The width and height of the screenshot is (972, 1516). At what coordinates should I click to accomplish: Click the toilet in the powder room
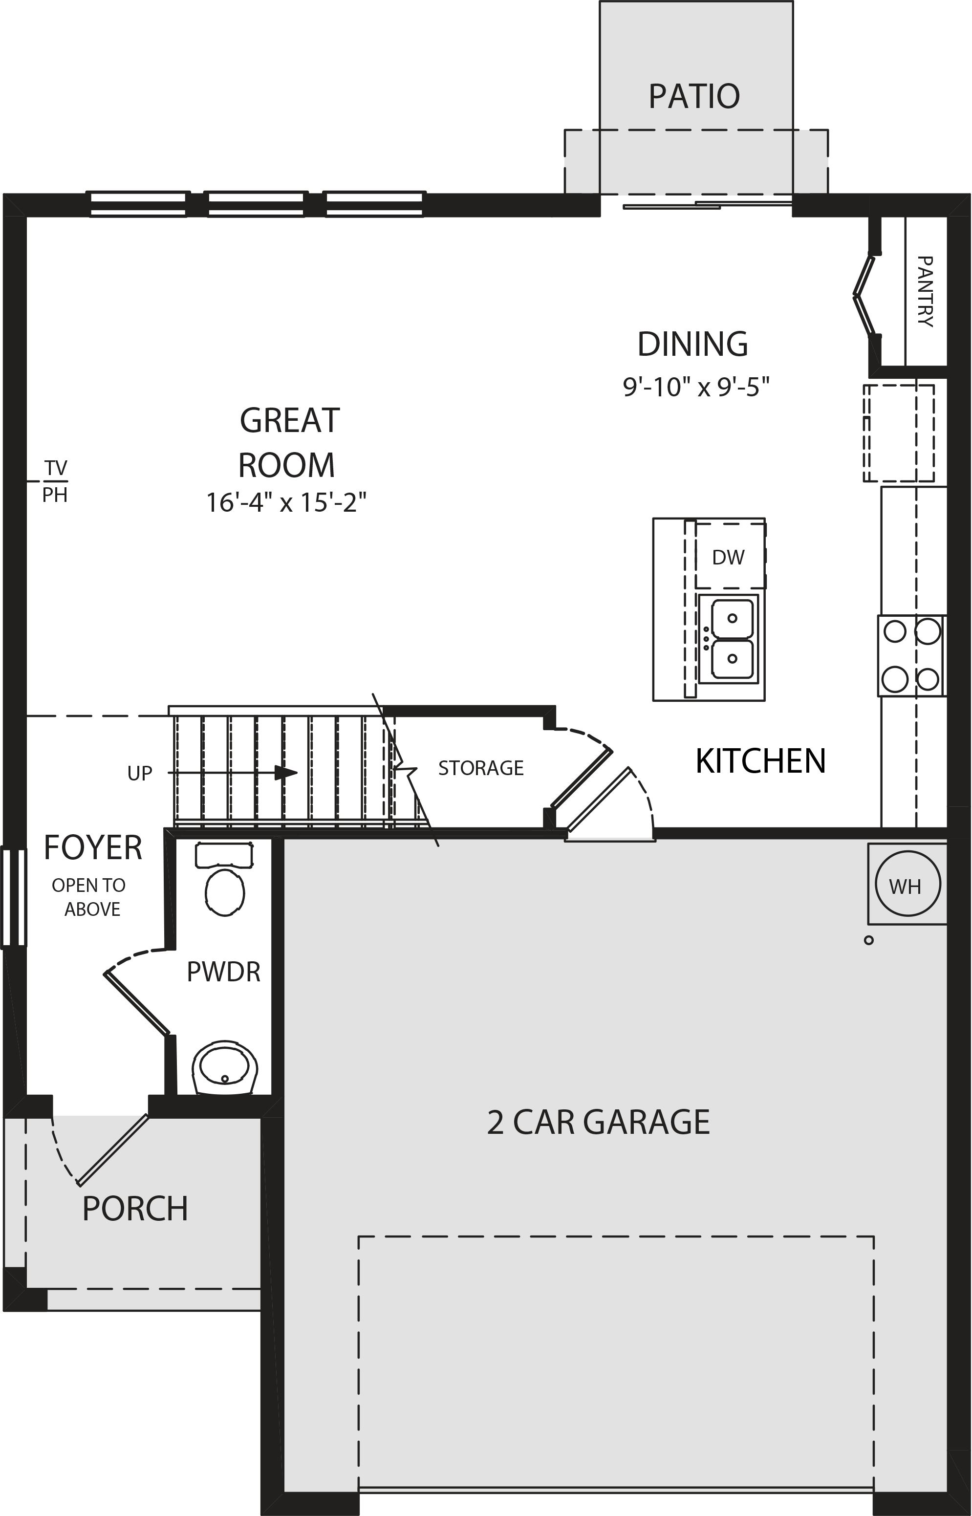225,879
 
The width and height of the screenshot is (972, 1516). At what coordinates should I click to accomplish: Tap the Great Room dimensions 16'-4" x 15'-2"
286,503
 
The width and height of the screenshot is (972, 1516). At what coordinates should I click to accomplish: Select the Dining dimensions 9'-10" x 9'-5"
696,386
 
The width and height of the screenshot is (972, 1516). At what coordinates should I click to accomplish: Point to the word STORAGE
481,768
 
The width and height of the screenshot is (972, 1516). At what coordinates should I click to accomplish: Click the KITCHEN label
760,761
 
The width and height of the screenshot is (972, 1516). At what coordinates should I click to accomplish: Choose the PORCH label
135,1209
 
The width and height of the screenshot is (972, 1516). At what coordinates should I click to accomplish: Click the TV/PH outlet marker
55,481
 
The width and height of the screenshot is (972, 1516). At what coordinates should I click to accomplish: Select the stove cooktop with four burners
911,656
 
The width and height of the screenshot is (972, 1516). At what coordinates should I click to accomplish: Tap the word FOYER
93,847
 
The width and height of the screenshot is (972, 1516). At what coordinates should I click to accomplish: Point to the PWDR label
223,972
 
